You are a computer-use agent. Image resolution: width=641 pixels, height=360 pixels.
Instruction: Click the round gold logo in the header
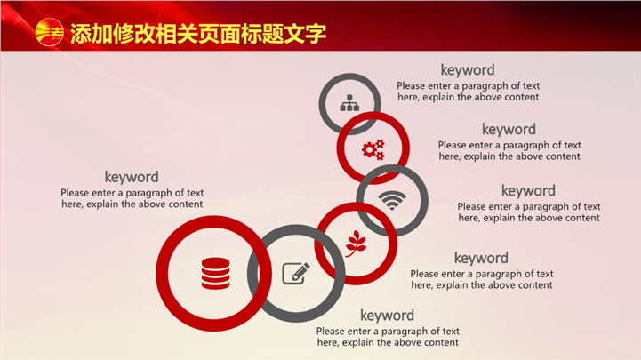(49, 32)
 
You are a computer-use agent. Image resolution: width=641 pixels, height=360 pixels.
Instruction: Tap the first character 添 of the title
(81, 34)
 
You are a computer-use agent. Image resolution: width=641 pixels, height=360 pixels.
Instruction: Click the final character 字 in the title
(316, 34)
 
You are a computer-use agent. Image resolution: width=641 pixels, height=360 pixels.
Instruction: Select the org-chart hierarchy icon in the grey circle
(349, 103)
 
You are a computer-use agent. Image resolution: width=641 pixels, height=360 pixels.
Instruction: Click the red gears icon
(373, 149)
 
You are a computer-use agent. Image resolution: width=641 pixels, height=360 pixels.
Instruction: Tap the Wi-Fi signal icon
(392, 201)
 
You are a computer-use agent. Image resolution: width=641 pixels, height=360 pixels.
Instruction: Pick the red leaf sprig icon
(356, 244)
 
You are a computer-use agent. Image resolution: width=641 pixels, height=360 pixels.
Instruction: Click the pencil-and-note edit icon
(296, 274)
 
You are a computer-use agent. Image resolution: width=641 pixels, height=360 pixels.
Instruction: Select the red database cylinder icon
(215, 274)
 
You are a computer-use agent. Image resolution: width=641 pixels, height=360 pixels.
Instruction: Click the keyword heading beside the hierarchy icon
(468, 70)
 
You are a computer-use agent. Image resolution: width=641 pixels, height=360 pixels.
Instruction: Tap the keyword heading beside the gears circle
(509, 129)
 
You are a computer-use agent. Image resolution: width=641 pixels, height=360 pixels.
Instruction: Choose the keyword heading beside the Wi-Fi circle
(529, 190)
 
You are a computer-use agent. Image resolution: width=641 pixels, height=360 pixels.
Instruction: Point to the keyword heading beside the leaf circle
(481, 258)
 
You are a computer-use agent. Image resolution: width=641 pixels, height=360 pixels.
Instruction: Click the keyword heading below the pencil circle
(387, 315)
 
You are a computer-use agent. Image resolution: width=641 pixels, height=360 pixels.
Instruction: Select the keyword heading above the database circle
(132, 177)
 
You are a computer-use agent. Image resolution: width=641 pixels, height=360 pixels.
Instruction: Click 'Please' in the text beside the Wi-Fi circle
(470, 207)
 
